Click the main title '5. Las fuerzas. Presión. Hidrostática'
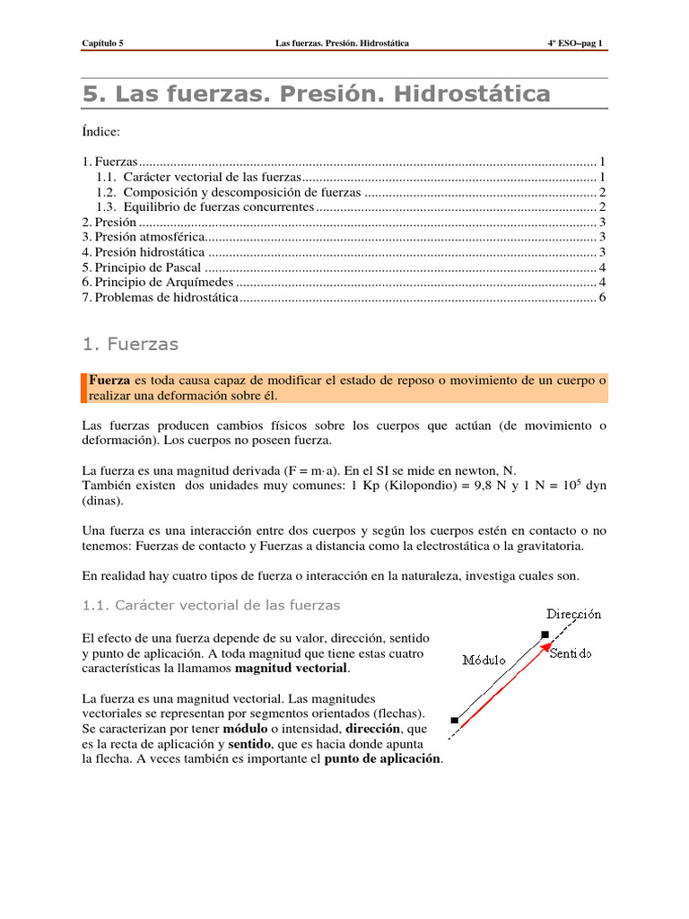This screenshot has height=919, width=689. pos(317,94)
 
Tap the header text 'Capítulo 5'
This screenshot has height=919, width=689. pos(103,43)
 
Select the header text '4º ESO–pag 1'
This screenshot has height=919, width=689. pos(576,43)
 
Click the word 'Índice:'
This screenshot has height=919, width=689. pos(100,132)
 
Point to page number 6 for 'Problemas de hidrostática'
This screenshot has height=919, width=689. pos(603,297)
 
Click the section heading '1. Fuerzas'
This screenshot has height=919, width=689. pos(130,344)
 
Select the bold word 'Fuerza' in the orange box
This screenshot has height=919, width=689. pos(109,381)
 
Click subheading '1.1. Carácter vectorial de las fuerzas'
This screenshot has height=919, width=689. pos(211,605)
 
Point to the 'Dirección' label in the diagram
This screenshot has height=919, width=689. pos(574,615)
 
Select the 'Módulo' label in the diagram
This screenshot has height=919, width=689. pos(484,660)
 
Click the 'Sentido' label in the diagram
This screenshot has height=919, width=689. pos(571,654)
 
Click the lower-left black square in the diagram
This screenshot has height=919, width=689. pos(455,721)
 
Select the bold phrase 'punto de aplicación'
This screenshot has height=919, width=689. pos(383,758)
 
